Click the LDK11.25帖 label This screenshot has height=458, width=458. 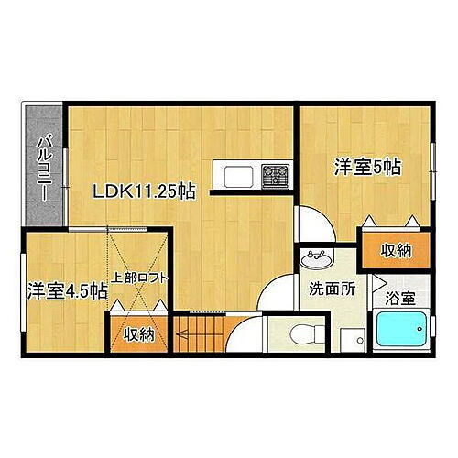click(x=141, y=192)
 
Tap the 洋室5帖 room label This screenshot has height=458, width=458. click(x=365, y=167)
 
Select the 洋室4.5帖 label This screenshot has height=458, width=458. click(x=66, y=290)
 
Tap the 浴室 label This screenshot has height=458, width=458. click(x=399, y=298)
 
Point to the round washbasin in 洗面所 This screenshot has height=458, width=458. click(x=316, y=258)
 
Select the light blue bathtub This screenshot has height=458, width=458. click(x=399, y=332)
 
